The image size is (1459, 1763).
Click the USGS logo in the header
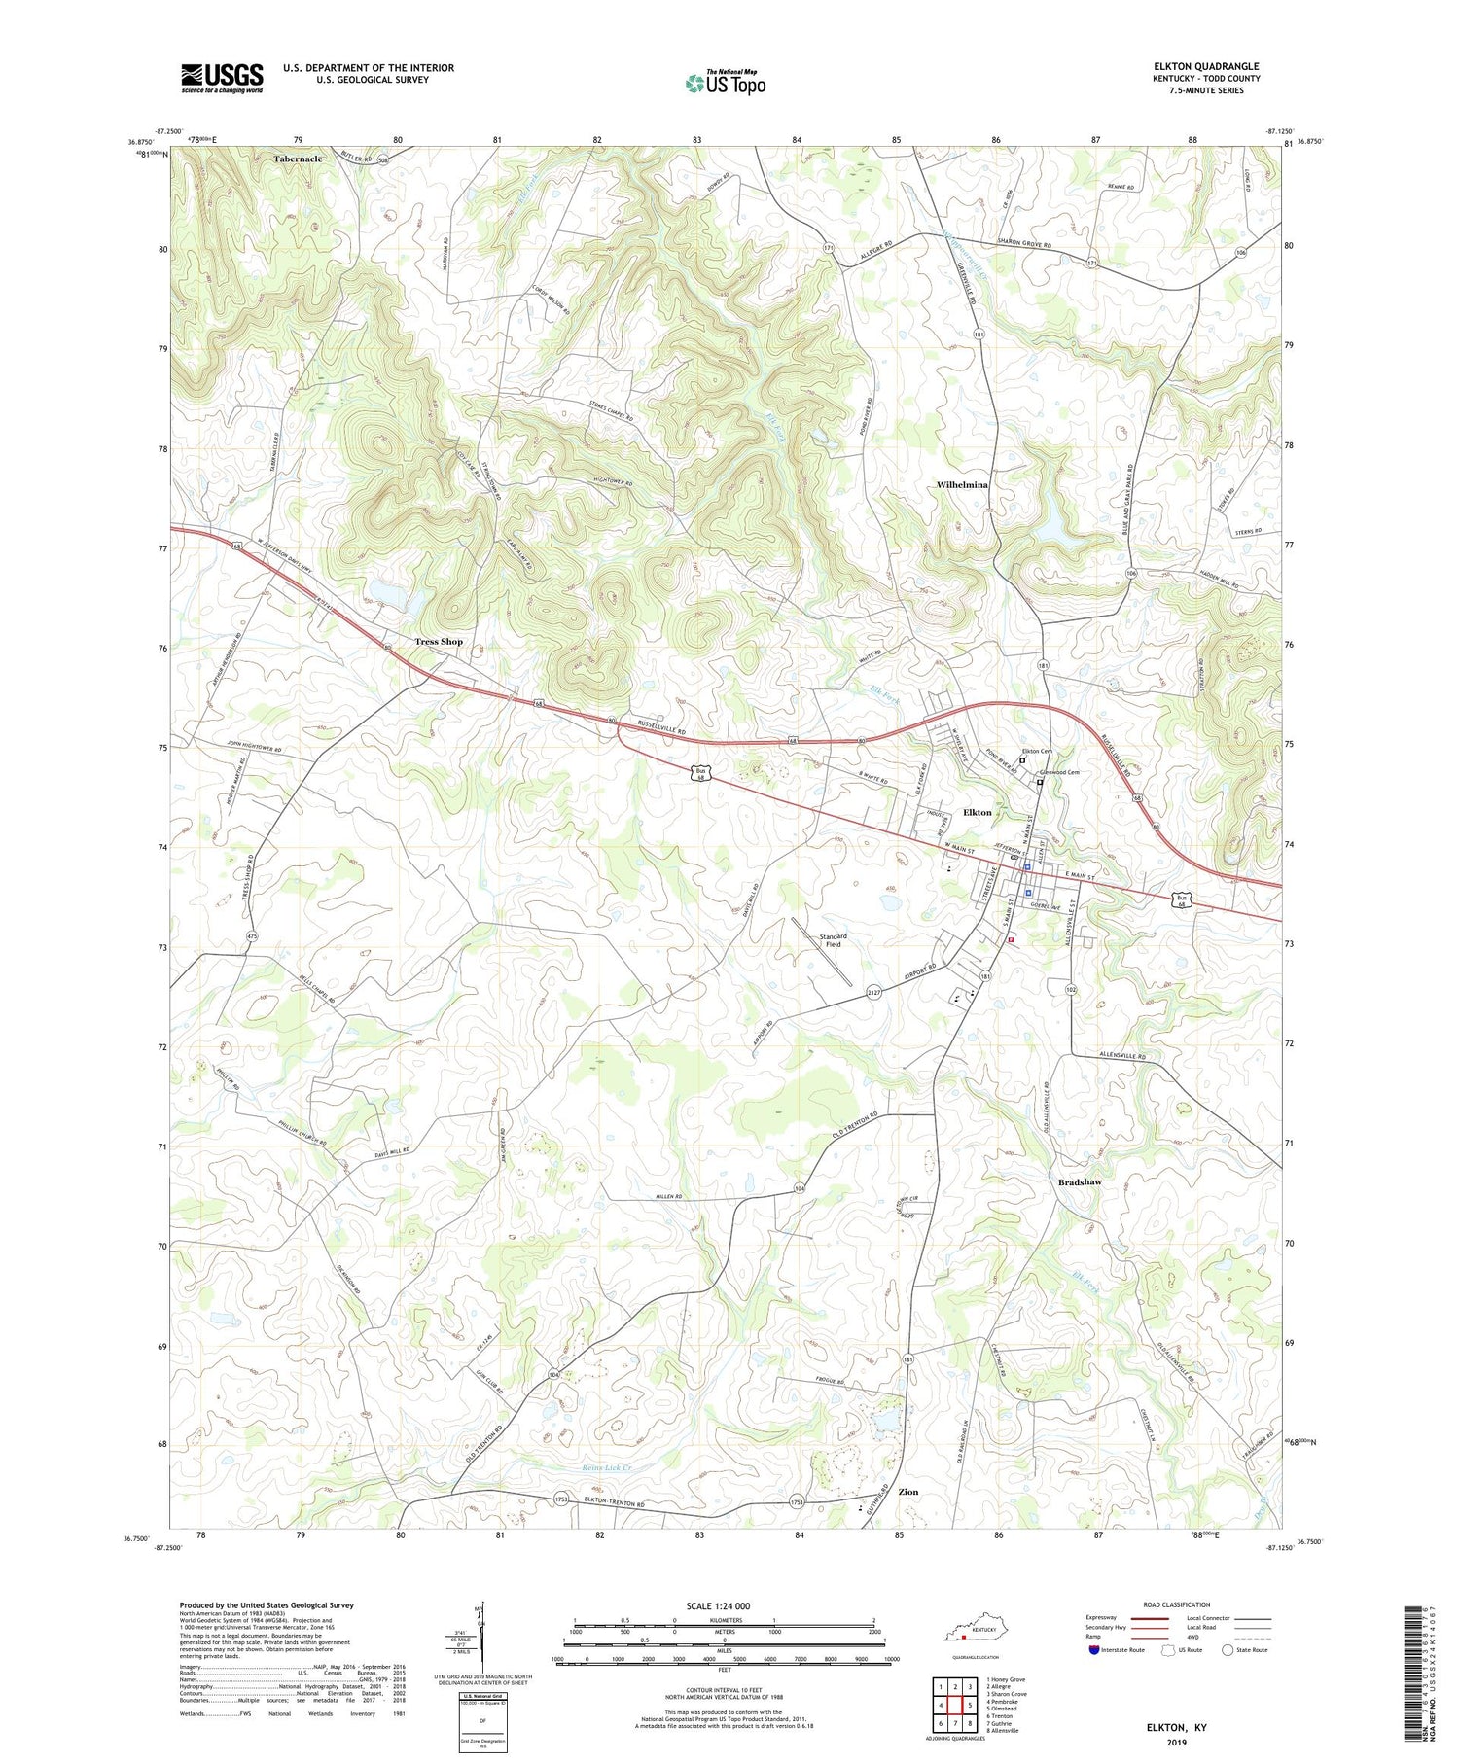[222, 78]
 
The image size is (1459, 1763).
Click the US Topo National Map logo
[725, 83]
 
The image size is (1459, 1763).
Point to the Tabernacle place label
[298, 159]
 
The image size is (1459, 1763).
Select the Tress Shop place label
[439, 642]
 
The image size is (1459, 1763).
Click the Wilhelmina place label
[961, 484]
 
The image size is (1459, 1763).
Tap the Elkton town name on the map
[978, 812]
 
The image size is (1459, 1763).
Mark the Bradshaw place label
[1080, 1182]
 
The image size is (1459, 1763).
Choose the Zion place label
[908, 1492]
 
